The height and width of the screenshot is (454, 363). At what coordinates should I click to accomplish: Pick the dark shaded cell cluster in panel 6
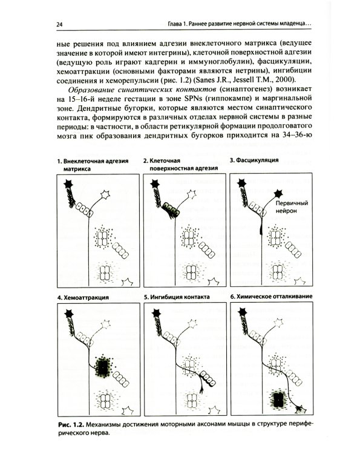coord(278,398)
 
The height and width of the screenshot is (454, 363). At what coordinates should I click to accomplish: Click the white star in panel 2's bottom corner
coord(214,281)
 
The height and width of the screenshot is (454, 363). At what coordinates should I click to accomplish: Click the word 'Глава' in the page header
coord(182,24)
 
